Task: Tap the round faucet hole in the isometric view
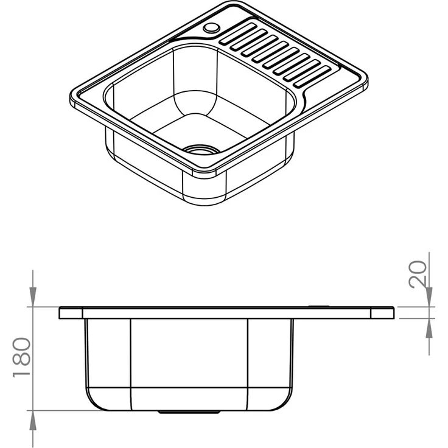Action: [211, 28]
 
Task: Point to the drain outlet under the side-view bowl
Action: [189, 412]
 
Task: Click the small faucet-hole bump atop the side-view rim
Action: [319, 306]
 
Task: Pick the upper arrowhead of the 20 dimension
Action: [430, 299]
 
